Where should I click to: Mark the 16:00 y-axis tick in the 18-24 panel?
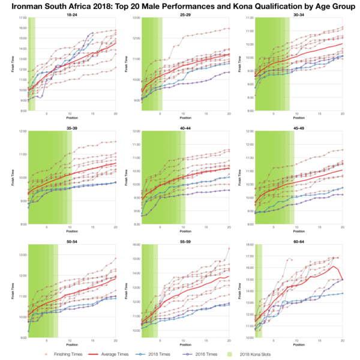tap(22, 28)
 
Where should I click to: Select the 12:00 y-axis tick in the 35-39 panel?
tap(22, 131)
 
